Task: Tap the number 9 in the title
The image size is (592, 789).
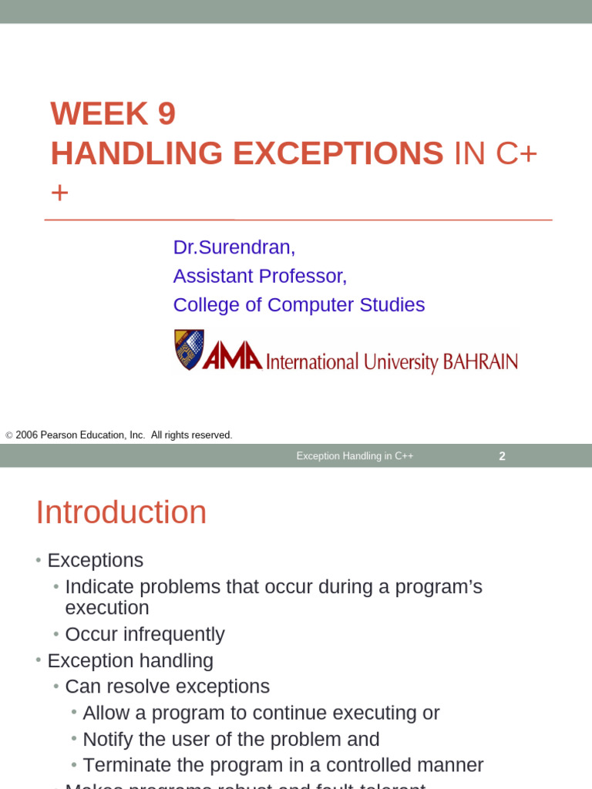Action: click(x=166, y=114)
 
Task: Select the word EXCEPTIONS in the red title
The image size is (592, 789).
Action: click(x=338, y=153)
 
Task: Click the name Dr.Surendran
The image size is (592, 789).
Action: click(x=234, y=247)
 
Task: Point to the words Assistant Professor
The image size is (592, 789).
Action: click(x=260, y=276)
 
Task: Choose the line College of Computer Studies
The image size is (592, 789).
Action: click(x=298, y=304)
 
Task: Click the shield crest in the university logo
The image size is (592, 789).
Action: click(x=189, y=350)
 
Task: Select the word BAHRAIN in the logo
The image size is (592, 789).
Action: click(x=479, y=362)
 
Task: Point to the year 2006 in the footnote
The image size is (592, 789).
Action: click(x=26, y=435)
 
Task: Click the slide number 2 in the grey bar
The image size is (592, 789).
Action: click(x=502, y=456)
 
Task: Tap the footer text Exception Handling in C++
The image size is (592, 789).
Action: click(x=355, y=456)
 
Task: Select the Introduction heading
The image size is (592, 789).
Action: click(x=121, y=512)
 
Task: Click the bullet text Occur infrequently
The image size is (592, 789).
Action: click(x=145, y=634)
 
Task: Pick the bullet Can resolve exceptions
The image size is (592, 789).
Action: click(x=167, y=687)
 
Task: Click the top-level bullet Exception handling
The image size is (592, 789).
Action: click(x=130, y=660)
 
